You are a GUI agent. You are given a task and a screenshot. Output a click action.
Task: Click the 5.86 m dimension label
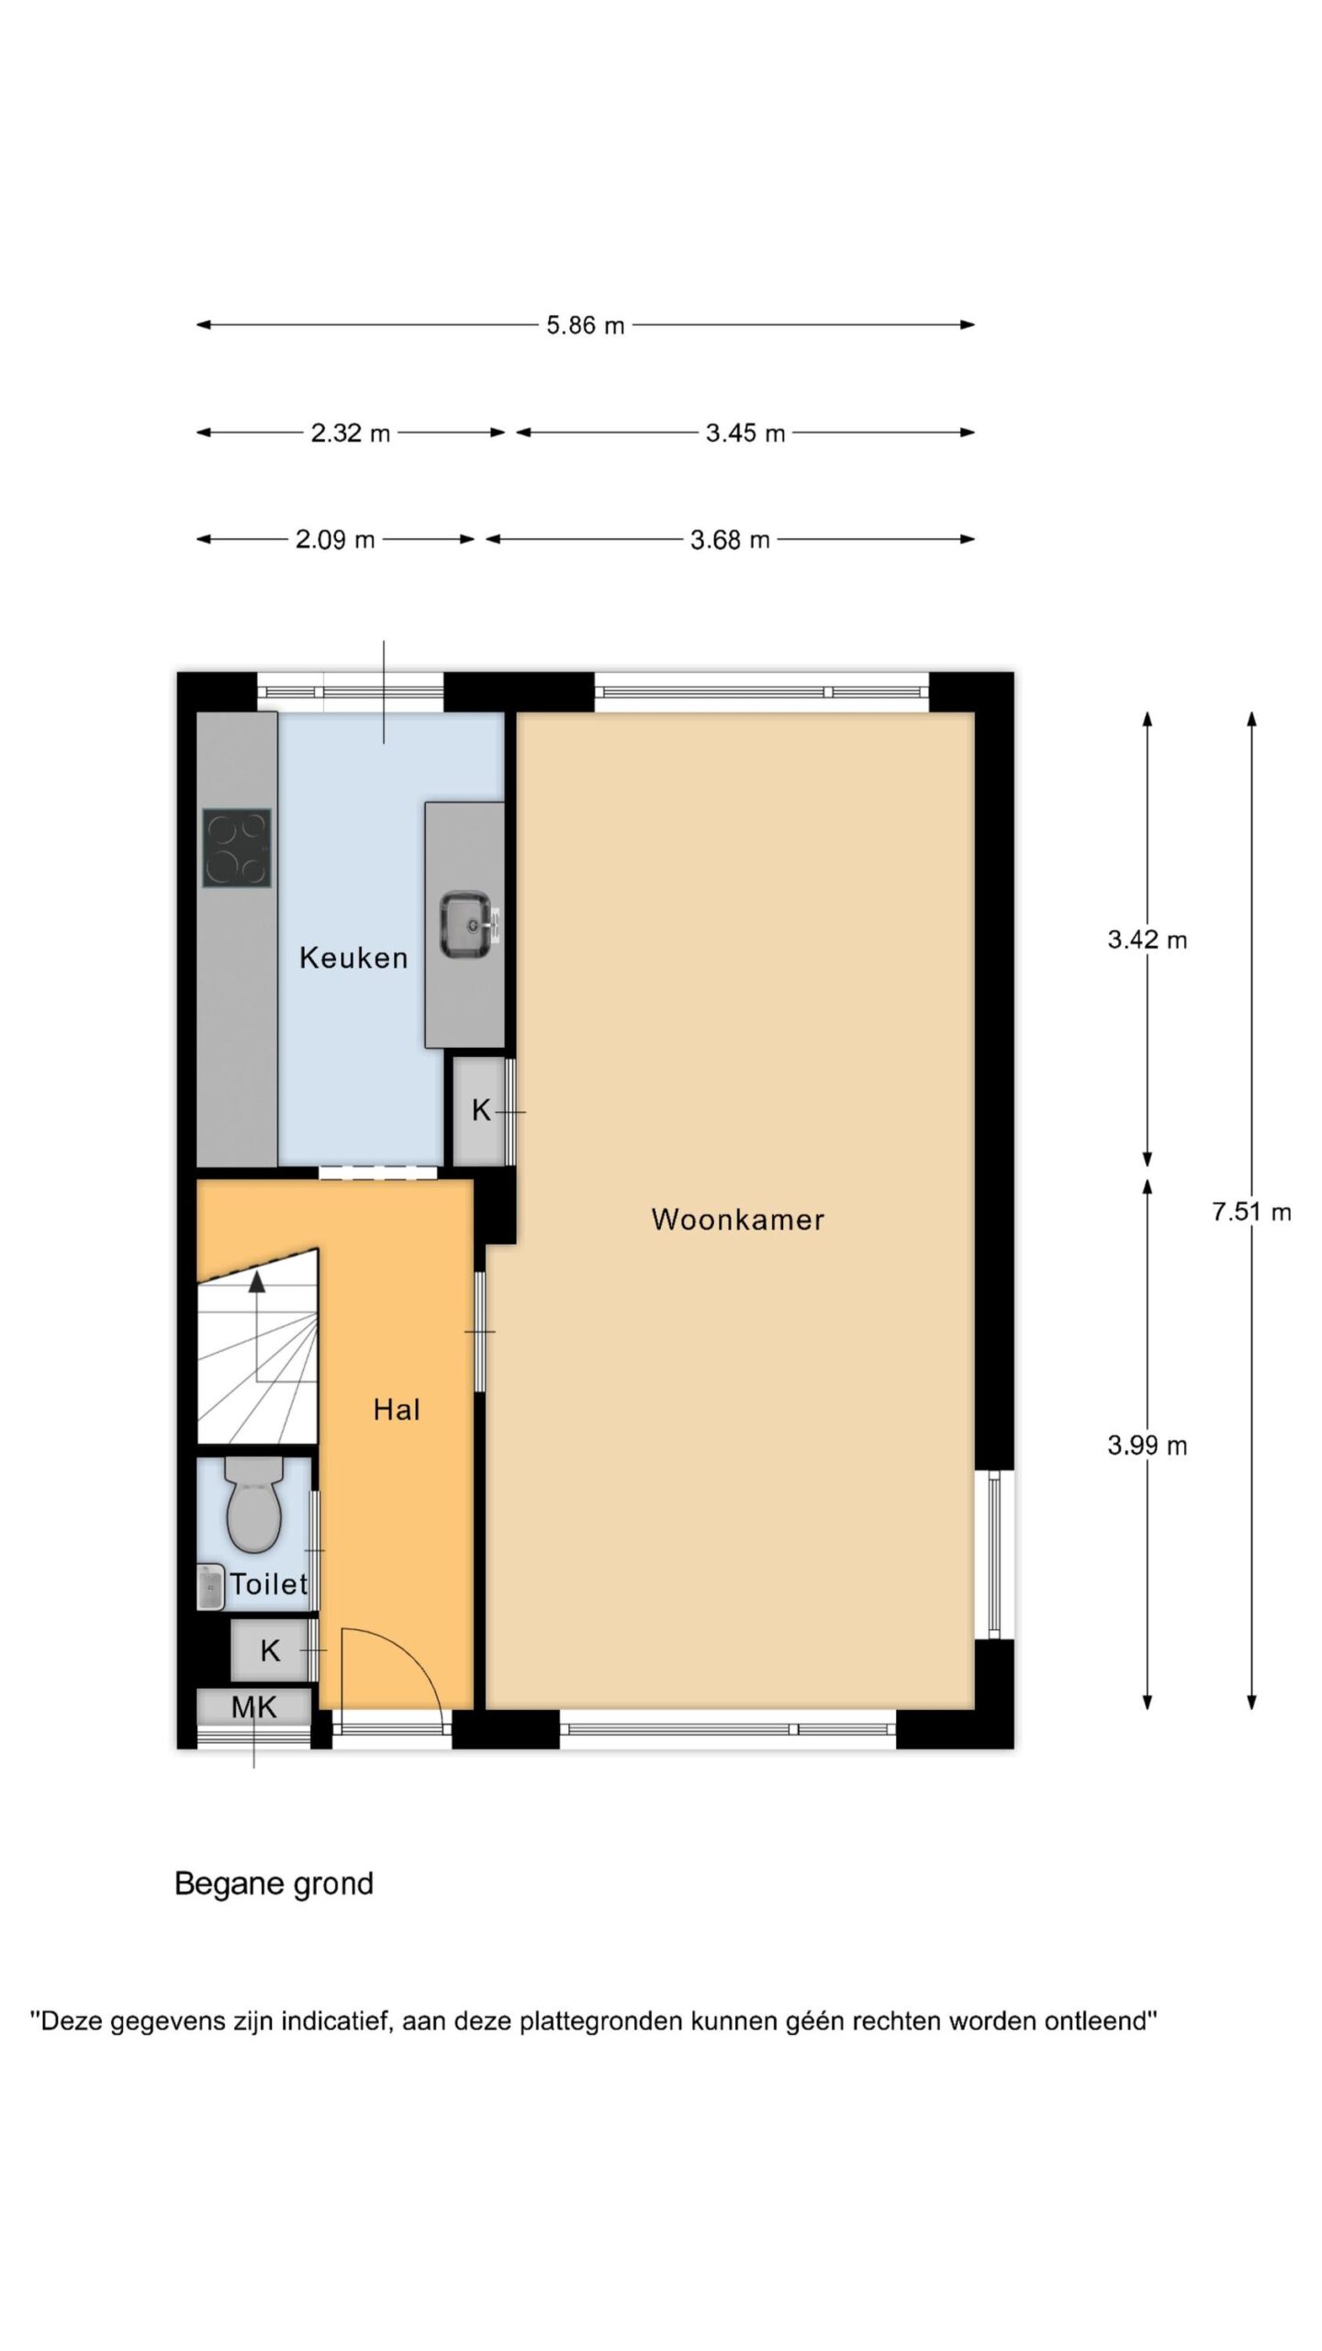click(585, 325)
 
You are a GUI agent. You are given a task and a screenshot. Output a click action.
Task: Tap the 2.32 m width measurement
click(350, 433)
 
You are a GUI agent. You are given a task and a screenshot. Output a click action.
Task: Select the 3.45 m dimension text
click(745, 433)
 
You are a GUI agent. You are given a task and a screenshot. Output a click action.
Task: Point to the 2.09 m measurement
click(334, 539)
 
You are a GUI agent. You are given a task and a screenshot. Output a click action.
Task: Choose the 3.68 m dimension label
click(729, 539)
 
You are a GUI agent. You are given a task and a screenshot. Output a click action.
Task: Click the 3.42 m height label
click(1147, 939)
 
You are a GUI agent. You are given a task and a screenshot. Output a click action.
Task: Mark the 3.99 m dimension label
click(1147, 1445)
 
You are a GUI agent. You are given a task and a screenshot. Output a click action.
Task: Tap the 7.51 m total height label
click(1251, 1211)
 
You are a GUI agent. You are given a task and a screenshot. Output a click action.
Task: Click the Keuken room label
click(353, 958)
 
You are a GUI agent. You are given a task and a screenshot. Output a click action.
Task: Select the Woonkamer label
click(737, 1220)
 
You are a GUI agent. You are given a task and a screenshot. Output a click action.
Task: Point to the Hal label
click(397, 1410)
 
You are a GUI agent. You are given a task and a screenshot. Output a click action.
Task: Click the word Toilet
click(269, 1583)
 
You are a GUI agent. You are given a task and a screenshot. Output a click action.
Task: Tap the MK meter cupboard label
click(253, 1707)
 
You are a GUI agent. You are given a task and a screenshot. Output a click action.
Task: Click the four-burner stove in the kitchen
click(236, 848)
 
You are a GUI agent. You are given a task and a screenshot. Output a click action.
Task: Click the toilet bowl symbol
click(253, 1503)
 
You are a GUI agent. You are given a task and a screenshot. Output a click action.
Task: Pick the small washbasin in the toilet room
click(210, 1587)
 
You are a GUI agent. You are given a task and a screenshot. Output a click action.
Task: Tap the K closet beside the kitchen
click(480, 1110)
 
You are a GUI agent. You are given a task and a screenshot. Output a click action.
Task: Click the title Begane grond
click(274, 1884)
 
